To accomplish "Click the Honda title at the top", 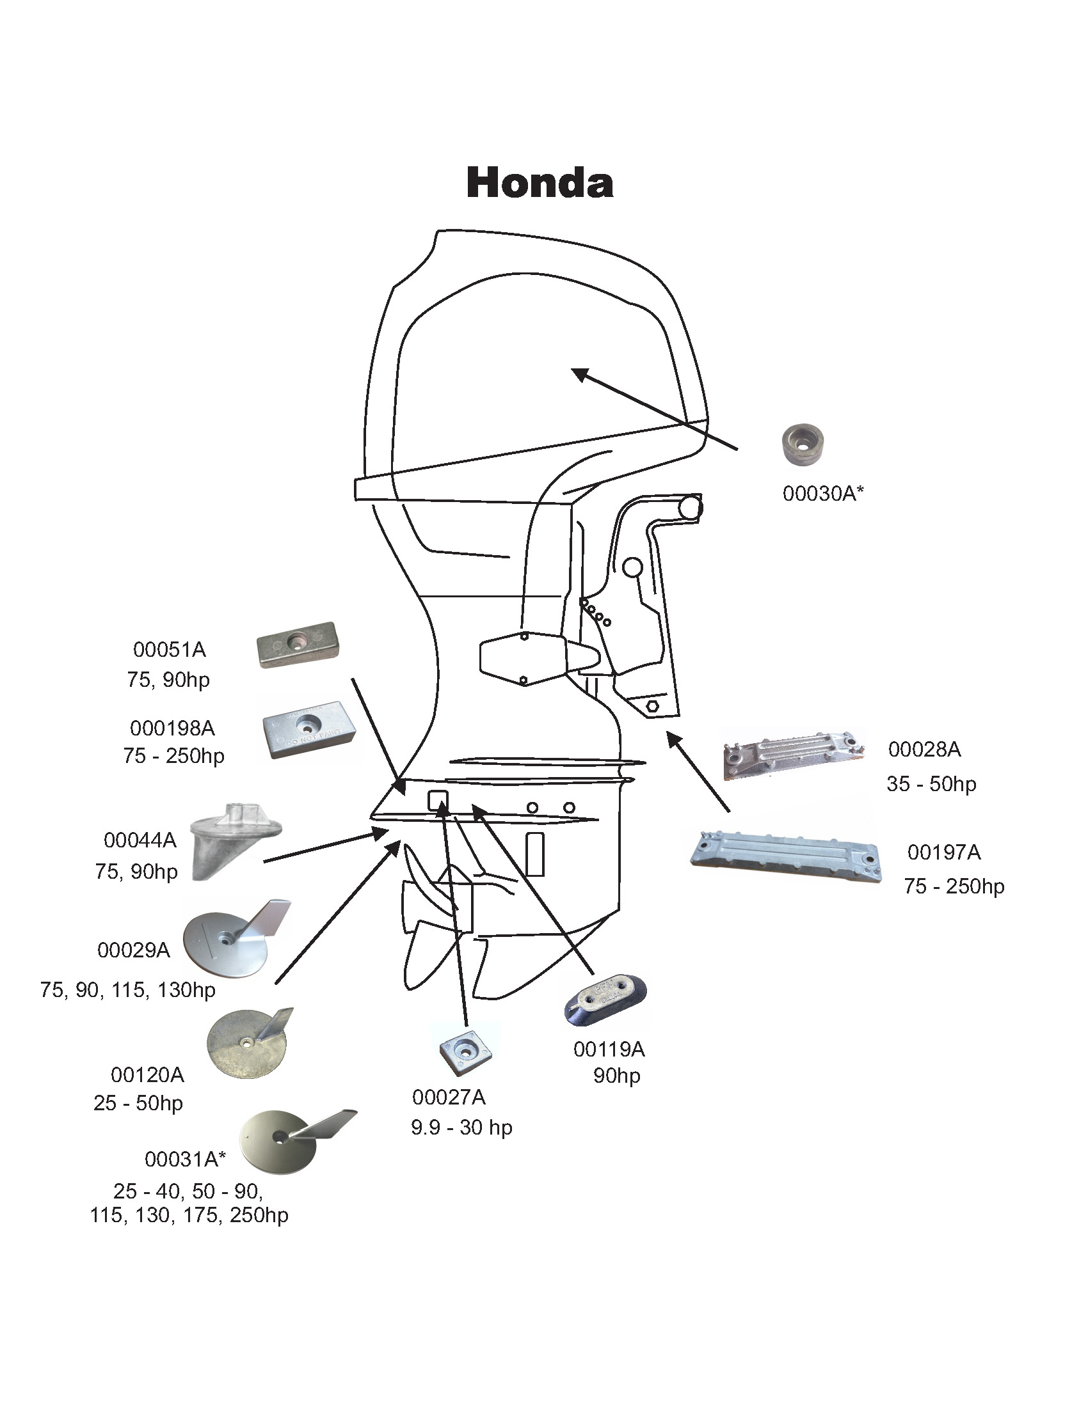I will coord(540,182).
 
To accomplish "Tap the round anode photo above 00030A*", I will coord(803,444).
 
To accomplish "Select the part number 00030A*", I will coord(822,494).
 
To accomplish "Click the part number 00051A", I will coord(170,649).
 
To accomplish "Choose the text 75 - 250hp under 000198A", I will coord(173,756).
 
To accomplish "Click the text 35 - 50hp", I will coord(931,784).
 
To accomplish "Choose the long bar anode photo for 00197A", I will coord(786,856).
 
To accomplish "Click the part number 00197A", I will coord(943,853).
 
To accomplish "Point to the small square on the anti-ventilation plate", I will coord(438,801).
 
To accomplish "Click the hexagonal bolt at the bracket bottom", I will coord(652,705).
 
